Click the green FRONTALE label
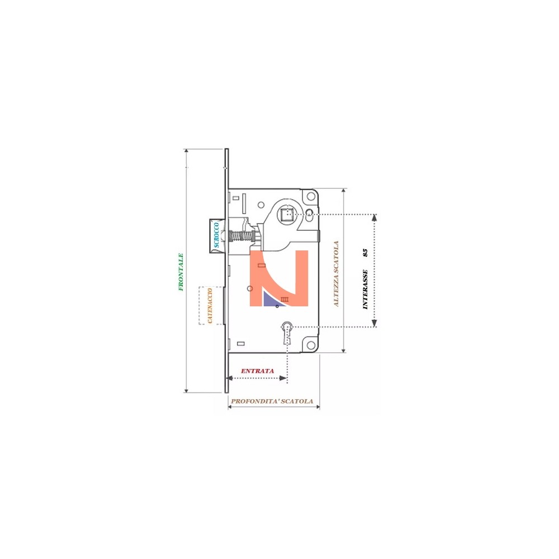pyautogui.click(x=181, y=272)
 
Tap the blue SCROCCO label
pyautogui.click(x=216, y=235)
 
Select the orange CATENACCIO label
pyautogui.click(x=210, y=306)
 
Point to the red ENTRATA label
pyautogui.click(x=257, y=371)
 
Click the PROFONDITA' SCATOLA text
pyautogui.click(x=272, y=401)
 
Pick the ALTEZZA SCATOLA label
pyautogui.click(x=336, y=274)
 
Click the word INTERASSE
pyautogui.click(x=364, y=289)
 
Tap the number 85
pyautogui.click(x=364, y=253)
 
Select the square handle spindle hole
pyautogui.click(x=287, y=215)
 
